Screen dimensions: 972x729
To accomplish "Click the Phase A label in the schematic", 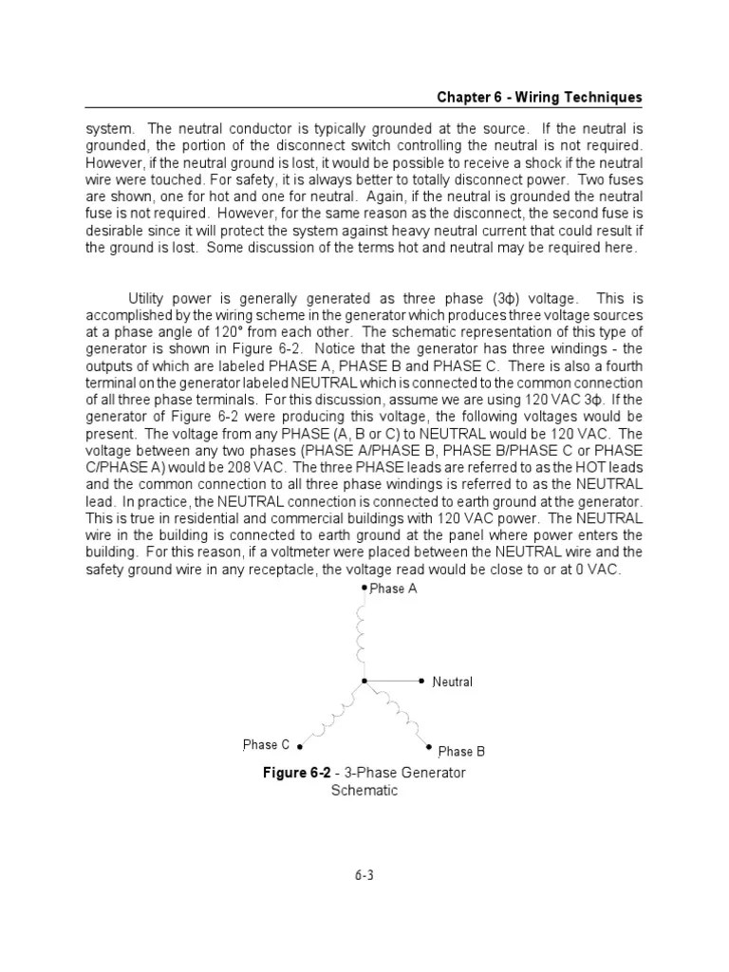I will [393, 589].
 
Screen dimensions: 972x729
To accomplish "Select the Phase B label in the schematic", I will [461, 752].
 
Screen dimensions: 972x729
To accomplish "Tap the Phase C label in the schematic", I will [267, 745].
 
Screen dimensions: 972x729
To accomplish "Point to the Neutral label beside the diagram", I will [452, 682].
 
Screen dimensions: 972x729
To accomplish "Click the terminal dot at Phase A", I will [363, 588].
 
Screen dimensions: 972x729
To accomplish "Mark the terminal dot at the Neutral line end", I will [421, 681].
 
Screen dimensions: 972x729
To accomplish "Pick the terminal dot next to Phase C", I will [302, 747].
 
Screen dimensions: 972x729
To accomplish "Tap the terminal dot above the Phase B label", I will [429, 747].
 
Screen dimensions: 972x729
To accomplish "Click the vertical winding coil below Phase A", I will [363, 634].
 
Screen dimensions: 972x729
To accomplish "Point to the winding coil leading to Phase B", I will [396, 713].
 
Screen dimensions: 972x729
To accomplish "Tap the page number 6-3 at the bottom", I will [364, 876].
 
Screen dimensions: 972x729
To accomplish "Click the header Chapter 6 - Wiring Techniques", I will [539, 98].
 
